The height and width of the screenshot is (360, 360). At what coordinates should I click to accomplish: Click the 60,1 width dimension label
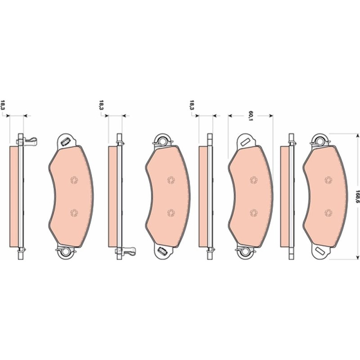pyautogui.click(x=251, y=116)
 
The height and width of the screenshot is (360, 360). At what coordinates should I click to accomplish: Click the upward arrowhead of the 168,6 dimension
pyautogui.click(x=356, y=136)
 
